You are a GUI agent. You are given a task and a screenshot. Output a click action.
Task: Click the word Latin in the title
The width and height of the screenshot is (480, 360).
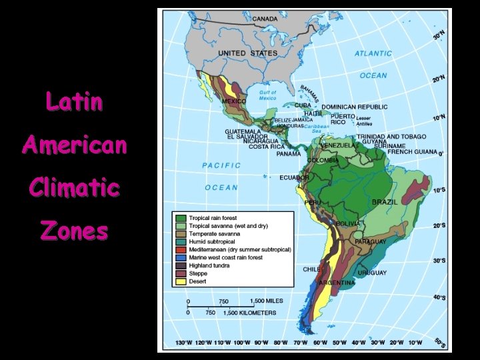click(x=74, y=102)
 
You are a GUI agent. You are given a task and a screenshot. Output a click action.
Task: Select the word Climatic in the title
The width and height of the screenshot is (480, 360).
click(x=74, y=187)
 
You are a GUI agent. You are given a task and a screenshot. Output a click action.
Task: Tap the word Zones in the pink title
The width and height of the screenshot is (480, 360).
click(x=74, y=231)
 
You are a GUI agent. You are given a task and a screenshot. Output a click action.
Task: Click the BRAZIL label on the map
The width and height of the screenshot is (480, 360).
click(x=385, y=201)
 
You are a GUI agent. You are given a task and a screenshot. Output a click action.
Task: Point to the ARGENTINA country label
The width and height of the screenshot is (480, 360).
click(x=337, y=283)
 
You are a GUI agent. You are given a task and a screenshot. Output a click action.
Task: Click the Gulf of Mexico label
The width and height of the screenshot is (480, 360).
click(x=267, y=95)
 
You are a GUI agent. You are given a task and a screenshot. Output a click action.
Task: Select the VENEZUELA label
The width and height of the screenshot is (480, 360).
click(x=337, y=145)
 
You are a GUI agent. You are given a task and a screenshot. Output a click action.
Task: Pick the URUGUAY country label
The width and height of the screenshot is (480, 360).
click(x=372, y=273)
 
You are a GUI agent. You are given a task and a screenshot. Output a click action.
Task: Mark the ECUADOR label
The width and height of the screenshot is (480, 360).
click(x=294, y=178)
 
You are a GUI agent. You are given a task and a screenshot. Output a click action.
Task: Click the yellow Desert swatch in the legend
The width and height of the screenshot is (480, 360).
click(x=181, y=281)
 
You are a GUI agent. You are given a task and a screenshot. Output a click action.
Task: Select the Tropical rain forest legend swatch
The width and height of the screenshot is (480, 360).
click(x=181, y=218)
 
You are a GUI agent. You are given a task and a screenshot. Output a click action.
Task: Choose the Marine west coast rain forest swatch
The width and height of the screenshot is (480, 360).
click(x=181, y=257)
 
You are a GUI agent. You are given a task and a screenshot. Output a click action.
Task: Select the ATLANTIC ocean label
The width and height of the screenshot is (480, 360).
click(x=373, y=53)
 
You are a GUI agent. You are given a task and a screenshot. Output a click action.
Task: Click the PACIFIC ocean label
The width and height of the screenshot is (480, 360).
click(x=221, y=165)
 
